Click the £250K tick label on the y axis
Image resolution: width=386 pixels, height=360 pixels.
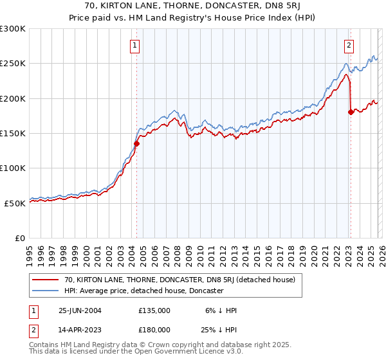13,64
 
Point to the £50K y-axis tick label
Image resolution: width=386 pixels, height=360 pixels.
15,203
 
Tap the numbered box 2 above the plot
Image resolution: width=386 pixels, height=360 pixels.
349,45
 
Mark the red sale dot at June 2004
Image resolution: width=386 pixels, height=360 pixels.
136,144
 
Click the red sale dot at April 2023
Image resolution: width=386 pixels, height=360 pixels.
351,113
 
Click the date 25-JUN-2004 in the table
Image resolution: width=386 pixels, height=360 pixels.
80,310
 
